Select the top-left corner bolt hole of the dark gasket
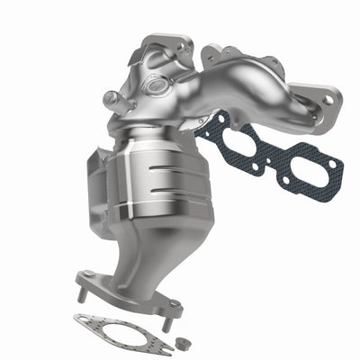tap(209, 125)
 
